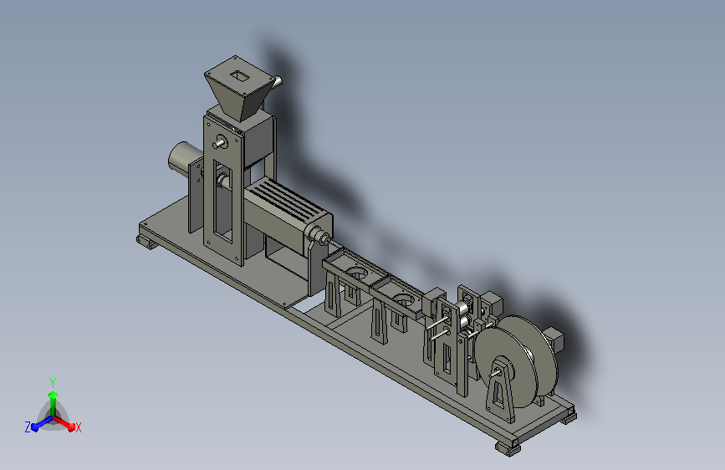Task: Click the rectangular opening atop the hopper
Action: [x=239, y=76]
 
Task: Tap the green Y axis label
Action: [x=53, y=382]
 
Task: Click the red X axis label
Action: [x=78, y=427]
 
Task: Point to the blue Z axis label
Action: [x=28, y=427]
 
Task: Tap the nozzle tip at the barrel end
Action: [x=326, y=239]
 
